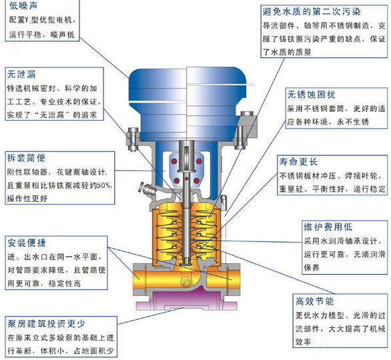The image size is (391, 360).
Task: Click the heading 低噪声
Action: pos(23,5)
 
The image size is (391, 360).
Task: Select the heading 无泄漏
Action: pos(21,74)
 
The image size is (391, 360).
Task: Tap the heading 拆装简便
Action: pos(26,158)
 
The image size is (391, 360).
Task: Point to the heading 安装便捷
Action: pos(27,243)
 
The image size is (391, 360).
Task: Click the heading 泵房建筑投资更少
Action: pos(47,323)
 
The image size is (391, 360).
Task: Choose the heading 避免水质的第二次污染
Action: pos(312,12)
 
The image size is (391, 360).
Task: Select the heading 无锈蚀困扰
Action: pos(311,95)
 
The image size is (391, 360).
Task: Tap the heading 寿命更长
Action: pos(298,162)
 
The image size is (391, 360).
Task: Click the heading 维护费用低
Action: pos(328,227)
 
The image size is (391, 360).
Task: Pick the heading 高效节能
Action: pos(315,301)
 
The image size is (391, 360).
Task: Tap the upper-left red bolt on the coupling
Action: pos(174,161)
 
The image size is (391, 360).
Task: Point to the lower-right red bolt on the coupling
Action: pos(196,181)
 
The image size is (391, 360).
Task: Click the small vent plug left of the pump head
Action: pos(147,189)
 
